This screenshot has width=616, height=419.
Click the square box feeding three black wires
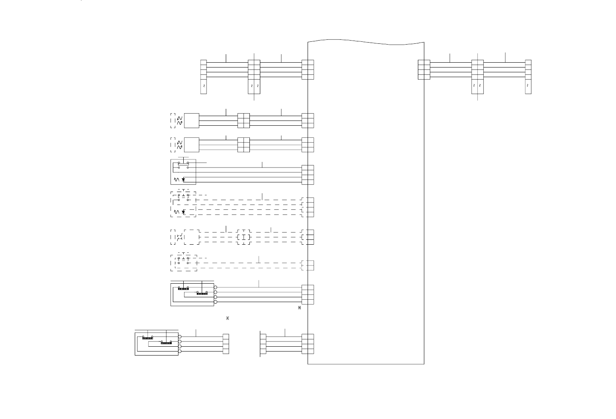tap(192, 121)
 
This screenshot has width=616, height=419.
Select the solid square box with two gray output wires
tap(192, 145)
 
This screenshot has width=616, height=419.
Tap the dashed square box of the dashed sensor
tap(192, 237)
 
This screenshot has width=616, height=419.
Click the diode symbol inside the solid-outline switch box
tap(183, 180)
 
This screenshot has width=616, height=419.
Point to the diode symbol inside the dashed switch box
tap(183, 212)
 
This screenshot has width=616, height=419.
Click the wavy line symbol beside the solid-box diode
tap(176, 180)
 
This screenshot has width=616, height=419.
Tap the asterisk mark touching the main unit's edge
tap(299, 308)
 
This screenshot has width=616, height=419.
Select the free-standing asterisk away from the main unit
tap(227, 318)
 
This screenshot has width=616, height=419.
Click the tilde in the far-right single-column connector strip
tap(528, 86)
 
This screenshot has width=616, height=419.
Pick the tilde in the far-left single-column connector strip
tap(204, 86)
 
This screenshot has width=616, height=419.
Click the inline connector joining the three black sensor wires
tap(243, 121)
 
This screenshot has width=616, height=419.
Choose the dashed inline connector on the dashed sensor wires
tap(243, 237)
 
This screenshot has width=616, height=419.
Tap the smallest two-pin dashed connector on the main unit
tap(308, 266)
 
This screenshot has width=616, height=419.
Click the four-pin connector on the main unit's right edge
tap(424, 69)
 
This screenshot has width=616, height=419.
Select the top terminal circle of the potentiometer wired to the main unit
tap(215, 288)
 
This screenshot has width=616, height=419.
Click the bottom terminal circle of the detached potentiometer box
tap(180, 351)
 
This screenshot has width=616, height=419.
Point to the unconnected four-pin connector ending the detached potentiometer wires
tap(226, 344)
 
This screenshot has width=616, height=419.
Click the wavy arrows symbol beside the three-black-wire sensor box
tap(179, 121)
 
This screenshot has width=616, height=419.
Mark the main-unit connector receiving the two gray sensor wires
tap(308, 145)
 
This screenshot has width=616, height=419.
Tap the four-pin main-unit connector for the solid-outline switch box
tap(308, 175)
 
